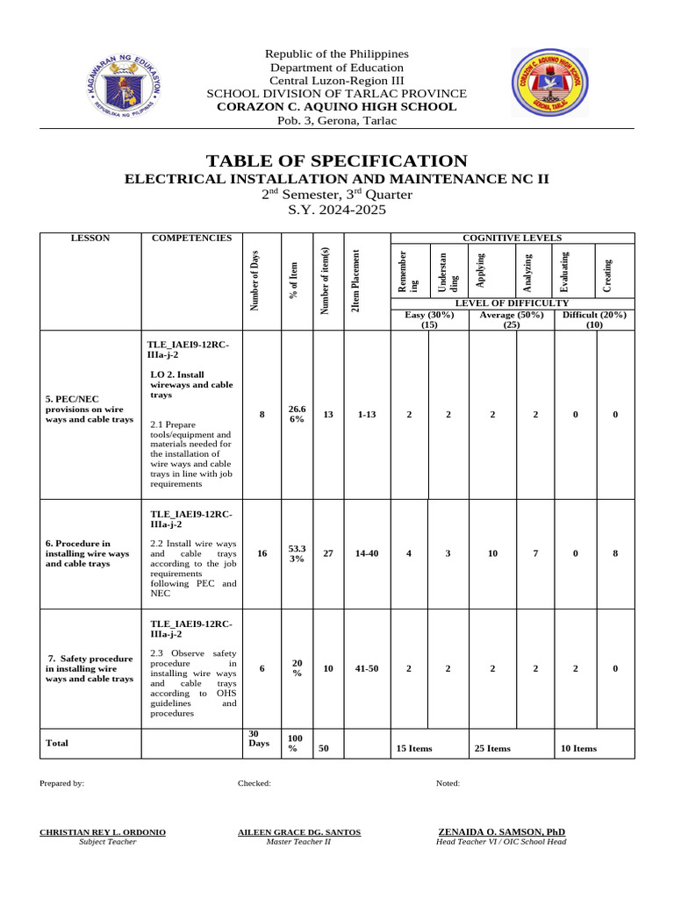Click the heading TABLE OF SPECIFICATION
[337, 160]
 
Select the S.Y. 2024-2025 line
[337, 210]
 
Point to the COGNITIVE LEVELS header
[511, 238]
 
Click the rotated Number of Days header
[254, 281]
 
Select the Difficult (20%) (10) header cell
[592, 320]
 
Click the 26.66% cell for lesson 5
[297, 414]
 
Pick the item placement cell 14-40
[367, 553]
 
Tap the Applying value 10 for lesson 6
[492, 553]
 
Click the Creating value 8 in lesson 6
[615, 553]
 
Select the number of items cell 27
[328, 553]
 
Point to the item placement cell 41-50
[367, 668]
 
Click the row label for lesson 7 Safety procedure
[90, 668]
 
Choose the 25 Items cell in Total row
[492, 748]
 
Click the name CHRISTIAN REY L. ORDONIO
[103, 831]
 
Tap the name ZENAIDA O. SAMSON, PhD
[501, 831]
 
